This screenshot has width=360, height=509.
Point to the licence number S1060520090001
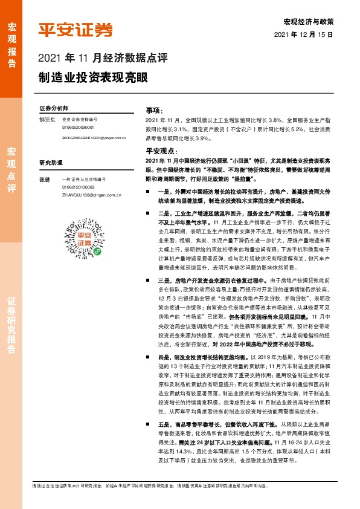tap(78, 128)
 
